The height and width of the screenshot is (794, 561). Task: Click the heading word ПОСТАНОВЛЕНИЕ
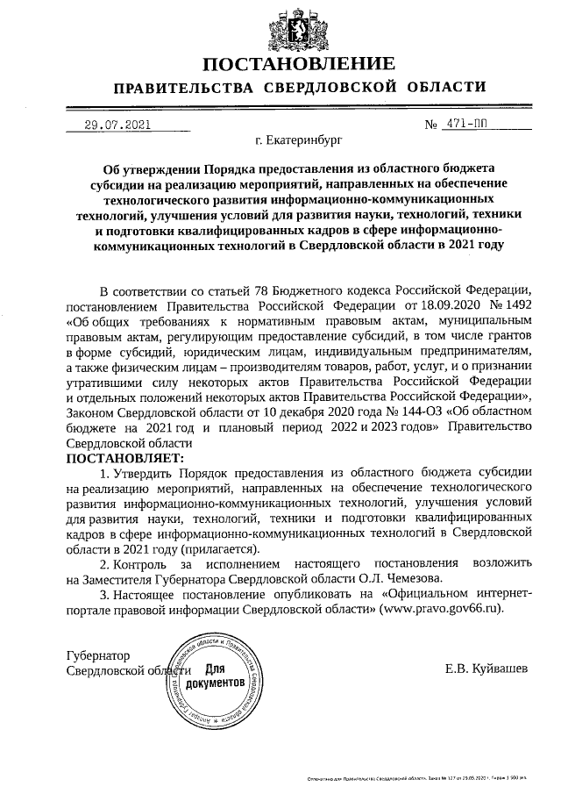[x=299, y=64]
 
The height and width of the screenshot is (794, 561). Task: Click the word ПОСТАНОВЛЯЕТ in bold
[x=125, y=458]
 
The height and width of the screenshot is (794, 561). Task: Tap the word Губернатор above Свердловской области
[x=98, y=655]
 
